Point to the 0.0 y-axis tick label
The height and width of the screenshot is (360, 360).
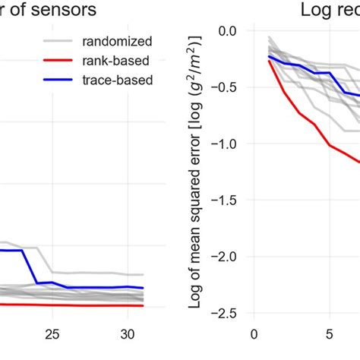[226, 31]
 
